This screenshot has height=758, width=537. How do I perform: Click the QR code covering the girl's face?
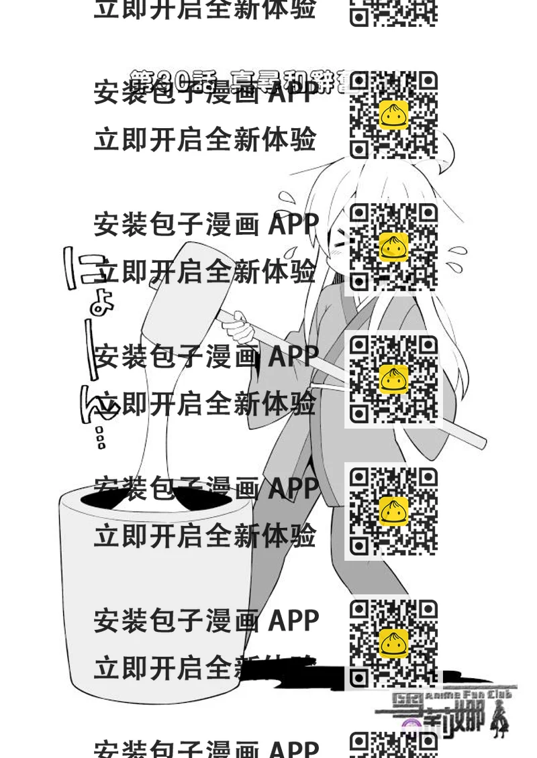click(393, 247)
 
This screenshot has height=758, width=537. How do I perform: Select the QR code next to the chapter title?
click(393, 115)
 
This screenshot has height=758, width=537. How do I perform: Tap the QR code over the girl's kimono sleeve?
click(393, 379)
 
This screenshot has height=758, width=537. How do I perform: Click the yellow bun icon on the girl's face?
click(393, 247)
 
